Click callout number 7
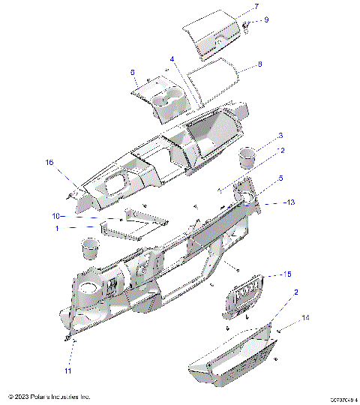tap(256, 7)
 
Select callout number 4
tap(172, 58)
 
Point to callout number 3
tap(280, 136)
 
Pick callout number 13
tap(291, 202)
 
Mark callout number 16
tap(50, 162)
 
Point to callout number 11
tap(67, 370)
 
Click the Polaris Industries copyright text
tap(49, 396)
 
